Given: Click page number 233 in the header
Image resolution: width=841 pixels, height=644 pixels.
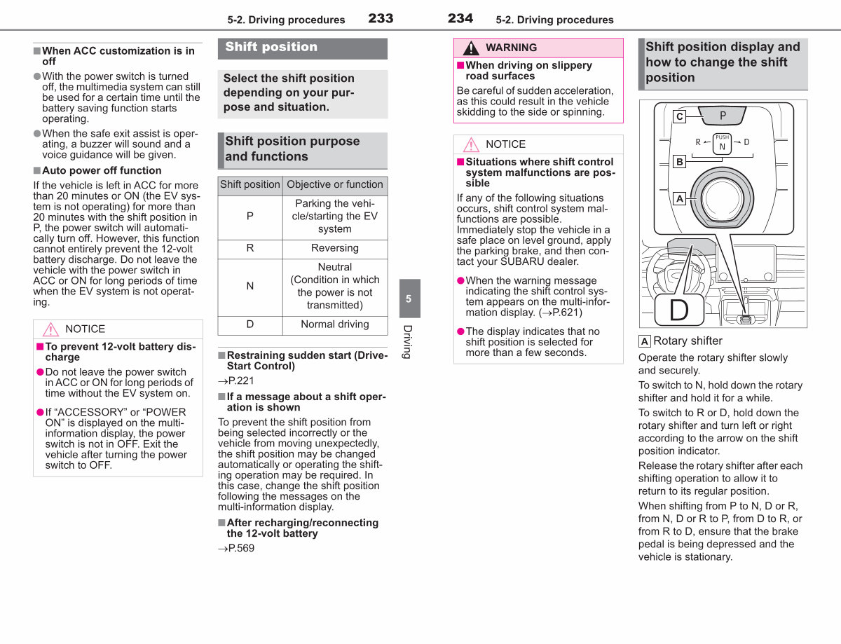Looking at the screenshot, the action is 381,18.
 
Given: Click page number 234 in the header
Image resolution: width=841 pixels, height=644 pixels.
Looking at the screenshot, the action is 460,18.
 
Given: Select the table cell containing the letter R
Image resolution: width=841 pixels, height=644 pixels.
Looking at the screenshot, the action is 250,249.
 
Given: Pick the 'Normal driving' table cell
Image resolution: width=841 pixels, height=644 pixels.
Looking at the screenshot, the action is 335,325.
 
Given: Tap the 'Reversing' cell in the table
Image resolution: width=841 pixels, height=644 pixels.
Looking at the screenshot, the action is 335,249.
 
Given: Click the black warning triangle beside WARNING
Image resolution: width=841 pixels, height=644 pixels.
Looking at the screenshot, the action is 471,48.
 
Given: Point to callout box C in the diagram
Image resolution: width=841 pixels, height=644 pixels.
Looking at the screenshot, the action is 679,116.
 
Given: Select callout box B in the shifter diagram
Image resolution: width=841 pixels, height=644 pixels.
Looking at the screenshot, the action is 679,161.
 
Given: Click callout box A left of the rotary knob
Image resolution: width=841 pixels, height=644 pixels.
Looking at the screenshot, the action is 679,198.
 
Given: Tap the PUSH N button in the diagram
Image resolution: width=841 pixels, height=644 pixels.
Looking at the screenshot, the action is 722,144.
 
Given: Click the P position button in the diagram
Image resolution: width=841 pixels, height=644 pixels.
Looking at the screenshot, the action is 722,115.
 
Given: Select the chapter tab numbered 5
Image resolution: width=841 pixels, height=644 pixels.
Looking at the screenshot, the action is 409,299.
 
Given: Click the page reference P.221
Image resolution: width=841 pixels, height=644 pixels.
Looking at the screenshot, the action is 236,381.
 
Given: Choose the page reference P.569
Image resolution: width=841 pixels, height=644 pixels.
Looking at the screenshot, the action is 236,549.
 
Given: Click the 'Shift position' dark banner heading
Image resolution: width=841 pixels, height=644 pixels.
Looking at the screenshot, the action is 303,48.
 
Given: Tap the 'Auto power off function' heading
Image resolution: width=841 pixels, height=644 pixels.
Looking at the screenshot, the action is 102,170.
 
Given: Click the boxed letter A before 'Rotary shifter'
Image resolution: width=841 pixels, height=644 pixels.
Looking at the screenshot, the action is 644,341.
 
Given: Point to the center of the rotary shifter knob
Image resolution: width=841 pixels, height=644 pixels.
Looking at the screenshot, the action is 722,198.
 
